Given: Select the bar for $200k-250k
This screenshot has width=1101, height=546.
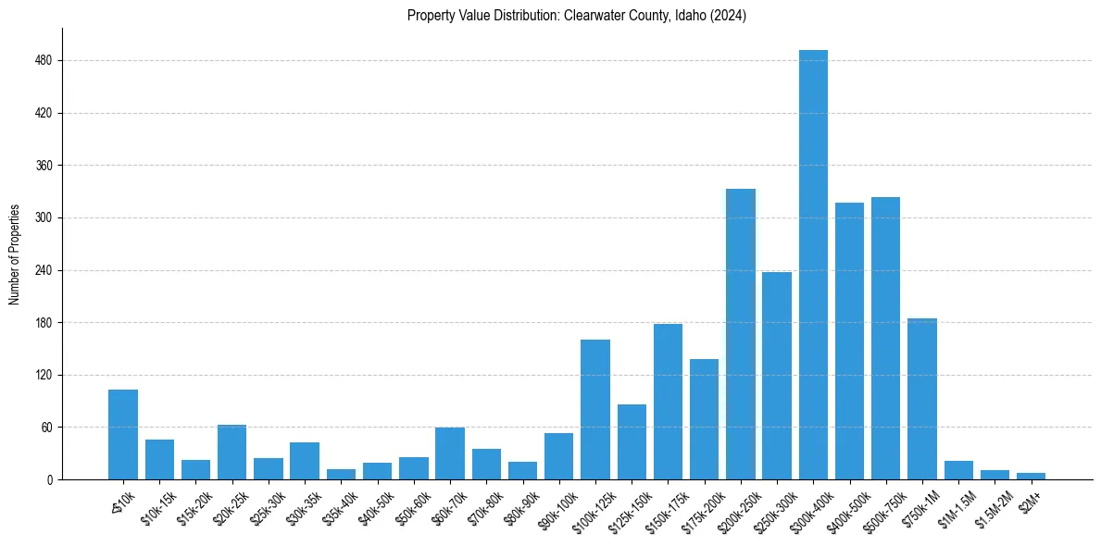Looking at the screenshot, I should coord(741,334).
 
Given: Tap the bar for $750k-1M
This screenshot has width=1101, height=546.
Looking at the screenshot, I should coord(922,399).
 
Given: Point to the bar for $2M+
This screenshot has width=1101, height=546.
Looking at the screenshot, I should coord(1031,476).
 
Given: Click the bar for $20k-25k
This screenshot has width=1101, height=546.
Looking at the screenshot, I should coord(231,453).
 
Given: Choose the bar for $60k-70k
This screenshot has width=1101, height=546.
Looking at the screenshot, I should coord(450,453).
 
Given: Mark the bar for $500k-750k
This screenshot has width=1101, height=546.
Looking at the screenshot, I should coord(885,339).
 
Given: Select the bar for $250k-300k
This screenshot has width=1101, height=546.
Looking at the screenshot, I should coord(777,376).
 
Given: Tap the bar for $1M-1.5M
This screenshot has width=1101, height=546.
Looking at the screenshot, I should coord(958,470).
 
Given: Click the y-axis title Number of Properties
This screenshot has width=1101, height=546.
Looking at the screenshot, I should coord(14,254).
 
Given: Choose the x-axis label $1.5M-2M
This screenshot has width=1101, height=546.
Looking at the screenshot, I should coord(990,504).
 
